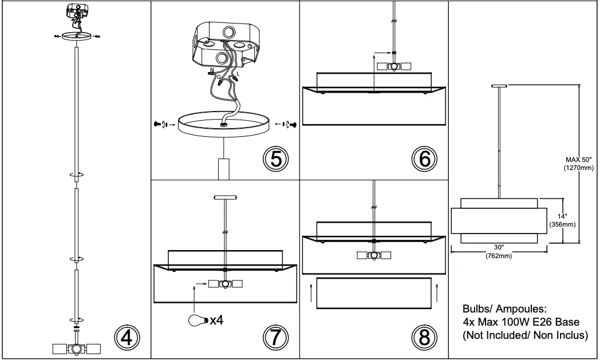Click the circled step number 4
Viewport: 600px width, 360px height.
tap(127, 337)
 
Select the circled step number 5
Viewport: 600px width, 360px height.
tap(275, 159)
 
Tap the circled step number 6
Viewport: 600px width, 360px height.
tap(424, 159)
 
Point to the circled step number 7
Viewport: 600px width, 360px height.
tap(275, 337)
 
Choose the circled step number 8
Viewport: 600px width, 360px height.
tap(424, 337)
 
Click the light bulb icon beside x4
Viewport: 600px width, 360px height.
tap(198, 319)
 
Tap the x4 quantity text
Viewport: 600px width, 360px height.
tap(216, 319)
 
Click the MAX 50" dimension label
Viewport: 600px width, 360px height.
tap(579, 160)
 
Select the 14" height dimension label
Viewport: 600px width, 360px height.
tap(562, 216)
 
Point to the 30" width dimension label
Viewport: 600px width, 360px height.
tap(499, 248)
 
